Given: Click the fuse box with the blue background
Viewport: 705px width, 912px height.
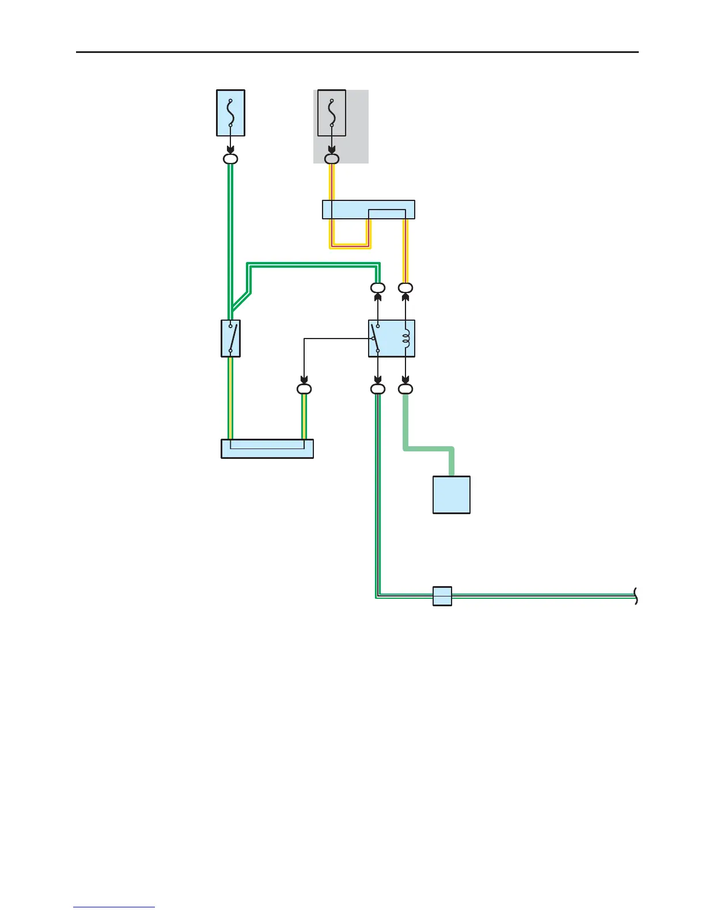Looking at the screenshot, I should click(230, 113).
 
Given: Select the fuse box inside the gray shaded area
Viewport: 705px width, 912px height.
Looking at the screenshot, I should click(332, 113).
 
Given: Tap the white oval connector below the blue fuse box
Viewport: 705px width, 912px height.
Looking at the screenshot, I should click(230, 159).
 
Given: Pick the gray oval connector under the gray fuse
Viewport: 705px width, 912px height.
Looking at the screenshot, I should click(332, 159).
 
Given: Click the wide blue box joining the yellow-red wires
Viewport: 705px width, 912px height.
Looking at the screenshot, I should click(369, 210).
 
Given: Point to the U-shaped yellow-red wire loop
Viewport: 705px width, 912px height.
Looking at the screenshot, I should click(350, 245).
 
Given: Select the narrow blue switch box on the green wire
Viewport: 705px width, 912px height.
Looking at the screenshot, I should click(230, 339).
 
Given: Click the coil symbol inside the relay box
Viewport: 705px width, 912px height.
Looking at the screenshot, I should click(406, 339).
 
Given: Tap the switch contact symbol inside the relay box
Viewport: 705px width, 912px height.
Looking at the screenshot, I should click(376, 339).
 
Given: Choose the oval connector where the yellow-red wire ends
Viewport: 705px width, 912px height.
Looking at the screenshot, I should click(405, 288).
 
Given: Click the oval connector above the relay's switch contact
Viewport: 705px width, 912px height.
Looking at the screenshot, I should click(378, 288).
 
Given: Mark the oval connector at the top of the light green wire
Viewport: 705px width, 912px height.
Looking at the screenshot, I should click(405, 389).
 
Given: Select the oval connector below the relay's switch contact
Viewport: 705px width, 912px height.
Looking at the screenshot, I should click(378, 389).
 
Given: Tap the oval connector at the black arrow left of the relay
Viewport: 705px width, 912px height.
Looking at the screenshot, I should click(304, 389).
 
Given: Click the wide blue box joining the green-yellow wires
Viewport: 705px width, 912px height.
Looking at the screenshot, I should click(267, 449).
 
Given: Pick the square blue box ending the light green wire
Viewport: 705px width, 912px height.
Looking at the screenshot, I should click(452, 495).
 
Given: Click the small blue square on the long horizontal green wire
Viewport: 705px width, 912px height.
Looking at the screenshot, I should click(442, 596).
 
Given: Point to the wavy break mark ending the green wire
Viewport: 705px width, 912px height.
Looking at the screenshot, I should click(636, 596).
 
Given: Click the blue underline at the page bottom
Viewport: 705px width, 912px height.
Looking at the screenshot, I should click(114, 907).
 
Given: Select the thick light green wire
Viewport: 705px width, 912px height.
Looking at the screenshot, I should click(429, 448).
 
